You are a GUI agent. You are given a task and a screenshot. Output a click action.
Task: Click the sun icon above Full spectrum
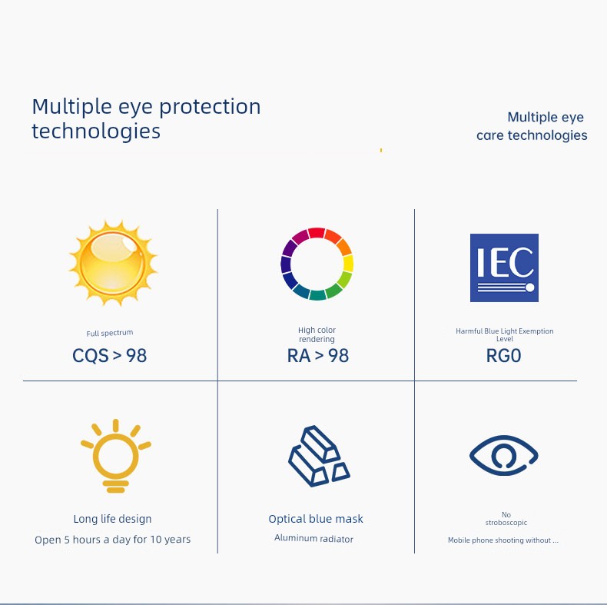pyautogui.click(x=113, y=264)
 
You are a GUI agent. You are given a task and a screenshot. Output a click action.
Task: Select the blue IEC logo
pyautogui.click(x=504, y=268)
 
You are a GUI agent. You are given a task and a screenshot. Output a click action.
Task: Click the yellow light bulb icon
pyautogui.click(x=115, y=456)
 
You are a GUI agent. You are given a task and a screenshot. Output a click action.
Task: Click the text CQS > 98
pyautogui.click(x=110, y=356)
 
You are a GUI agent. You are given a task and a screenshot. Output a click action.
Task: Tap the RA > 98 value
pyautogui.click(x=318, y=356)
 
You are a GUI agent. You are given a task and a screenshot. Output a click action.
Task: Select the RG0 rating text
pyautogui.click(x=503, y=356)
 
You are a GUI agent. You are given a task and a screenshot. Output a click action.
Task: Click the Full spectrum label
pyautogui.click(x=110, y=333)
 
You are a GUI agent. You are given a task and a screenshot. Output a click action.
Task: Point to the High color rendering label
pyautogui.click(x=317, y=334)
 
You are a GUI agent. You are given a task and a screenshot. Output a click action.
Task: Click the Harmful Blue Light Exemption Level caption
pyautogui.click(x=504, y=334)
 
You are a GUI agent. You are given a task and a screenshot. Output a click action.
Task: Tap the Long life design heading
pyautogui.click(x=112, y=519)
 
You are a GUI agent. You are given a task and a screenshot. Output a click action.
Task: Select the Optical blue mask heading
pyautogui.click(x=316, y=519)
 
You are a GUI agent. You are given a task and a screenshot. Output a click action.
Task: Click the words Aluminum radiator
pyautogui.click(x=313, y=538)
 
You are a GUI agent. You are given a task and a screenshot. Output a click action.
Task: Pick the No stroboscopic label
pyautogui.click(x=506, y=518)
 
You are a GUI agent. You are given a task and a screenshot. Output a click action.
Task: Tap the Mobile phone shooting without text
pyautogui.click(x=503, y=540)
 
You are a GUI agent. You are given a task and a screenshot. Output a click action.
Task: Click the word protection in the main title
pyautogui.click(x=210, y=108)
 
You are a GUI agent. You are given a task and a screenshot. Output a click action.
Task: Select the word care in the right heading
pyautogui.click(x=490, y=135)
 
